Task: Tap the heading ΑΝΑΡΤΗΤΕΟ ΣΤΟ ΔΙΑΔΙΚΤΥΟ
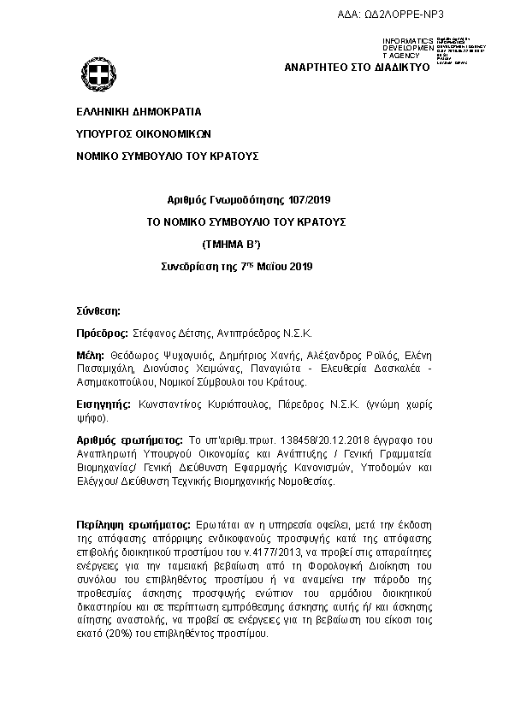[x=356, y=66]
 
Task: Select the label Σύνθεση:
[x=98, y=310]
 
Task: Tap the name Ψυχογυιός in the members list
[x=185, y=355]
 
